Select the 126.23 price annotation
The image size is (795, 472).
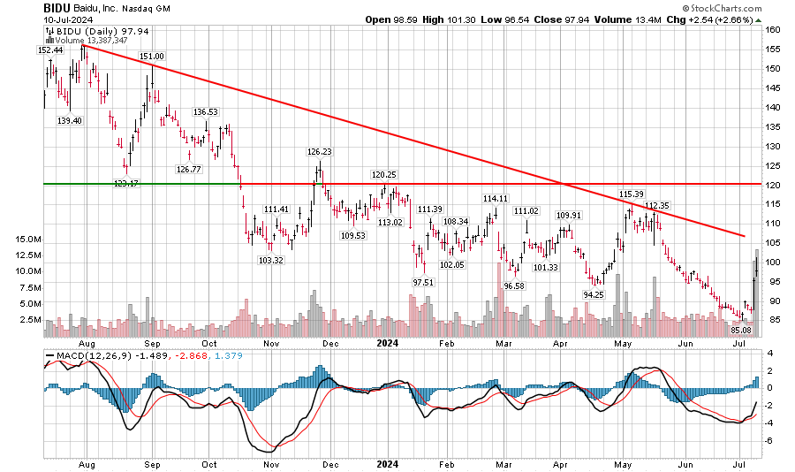[x=319, y=152]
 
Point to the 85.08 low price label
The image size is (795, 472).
[x=739, y=331]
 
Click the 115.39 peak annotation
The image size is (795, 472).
[x=631, y=194]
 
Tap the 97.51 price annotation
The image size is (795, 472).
[x=422, y=282]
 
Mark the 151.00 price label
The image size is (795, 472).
[x=153, y=57]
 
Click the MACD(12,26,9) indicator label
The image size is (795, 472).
[x=85, y=356]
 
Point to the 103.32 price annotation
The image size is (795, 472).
[x=270, y=261]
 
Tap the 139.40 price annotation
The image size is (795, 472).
[x=70, y=120]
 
